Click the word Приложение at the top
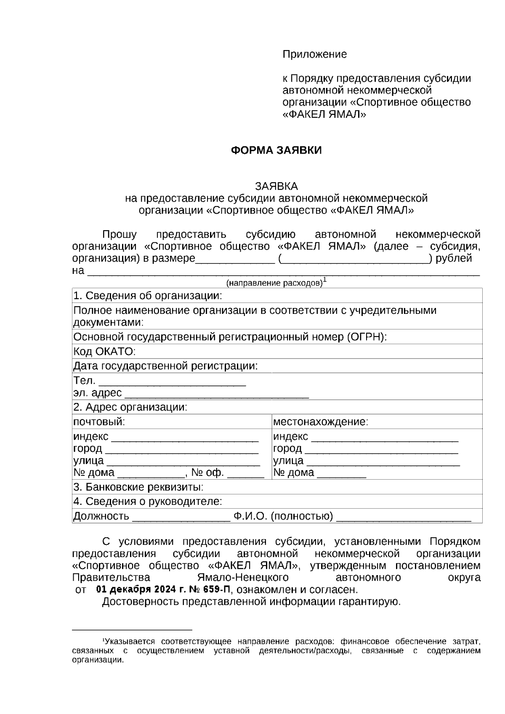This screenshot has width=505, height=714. point(314,54)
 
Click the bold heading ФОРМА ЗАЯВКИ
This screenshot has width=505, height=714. point(276,151)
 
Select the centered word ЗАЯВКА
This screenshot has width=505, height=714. point(276,186)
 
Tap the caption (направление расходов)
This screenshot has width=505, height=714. point(274,283)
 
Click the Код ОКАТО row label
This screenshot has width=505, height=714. point(104,352)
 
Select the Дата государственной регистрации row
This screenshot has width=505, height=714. point(165,366)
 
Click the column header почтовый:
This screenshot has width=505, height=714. point(99,422)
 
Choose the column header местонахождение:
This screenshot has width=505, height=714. point(320,422)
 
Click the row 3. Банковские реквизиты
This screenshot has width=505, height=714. point(138,488)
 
